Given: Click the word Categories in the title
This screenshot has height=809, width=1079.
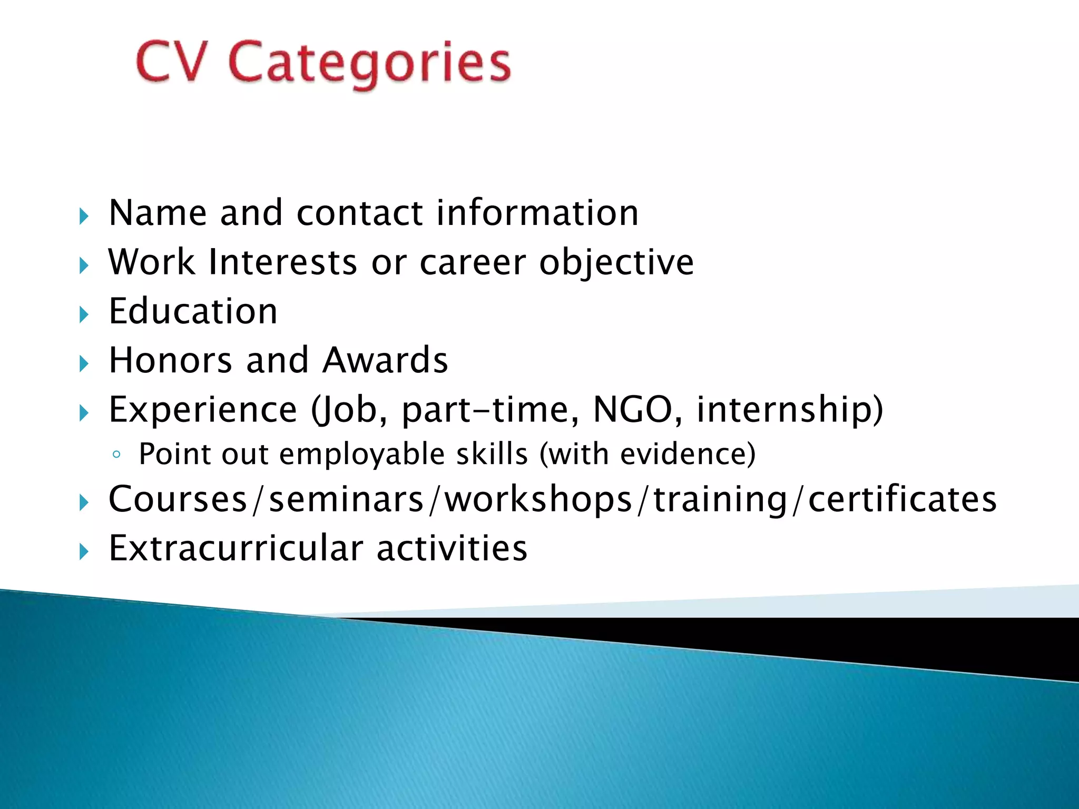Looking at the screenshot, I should coord(369,64).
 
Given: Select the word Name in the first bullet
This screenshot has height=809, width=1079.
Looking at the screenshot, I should coord(158,213).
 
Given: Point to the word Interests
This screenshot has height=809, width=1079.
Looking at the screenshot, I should coord(283,262).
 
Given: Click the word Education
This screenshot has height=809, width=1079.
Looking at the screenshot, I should coord(193,311).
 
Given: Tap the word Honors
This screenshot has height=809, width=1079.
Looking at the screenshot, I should coord(170,360).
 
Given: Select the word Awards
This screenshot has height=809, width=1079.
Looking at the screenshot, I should coord(385,360).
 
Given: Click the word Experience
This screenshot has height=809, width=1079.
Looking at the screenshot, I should coord(203,410).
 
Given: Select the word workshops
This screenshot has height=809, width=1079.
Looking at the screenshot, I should coord(538,499).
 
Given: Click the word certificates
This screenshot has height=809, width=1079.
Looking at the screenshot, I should coord(902,499).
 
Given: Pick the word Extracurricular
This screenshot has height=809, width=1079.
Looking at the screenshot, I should coord(236,548).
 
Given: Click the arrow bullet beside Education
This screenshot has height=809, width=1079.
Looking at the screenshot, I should coord(84,314).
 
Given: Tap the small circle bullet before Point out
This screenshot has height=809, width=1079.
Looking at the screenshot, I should coord(116,455).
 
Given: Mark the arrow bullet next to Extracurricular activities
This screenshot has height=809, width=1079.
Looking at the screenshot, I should coord(84,551).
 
